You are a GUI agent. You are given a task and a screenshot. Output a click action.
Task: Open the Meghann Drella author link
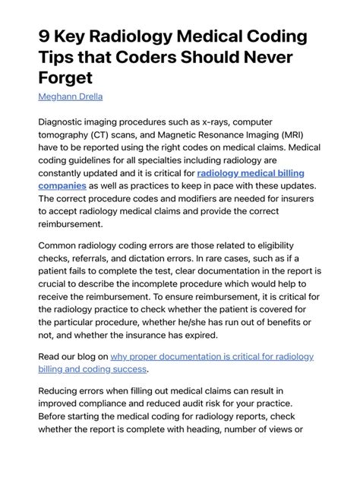[71, 96]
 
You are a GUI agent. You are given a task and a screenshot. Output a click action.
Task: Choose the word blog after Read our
[96, 356]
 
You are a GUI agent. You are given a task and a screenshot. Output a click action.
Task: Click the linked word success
[127, 369]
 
